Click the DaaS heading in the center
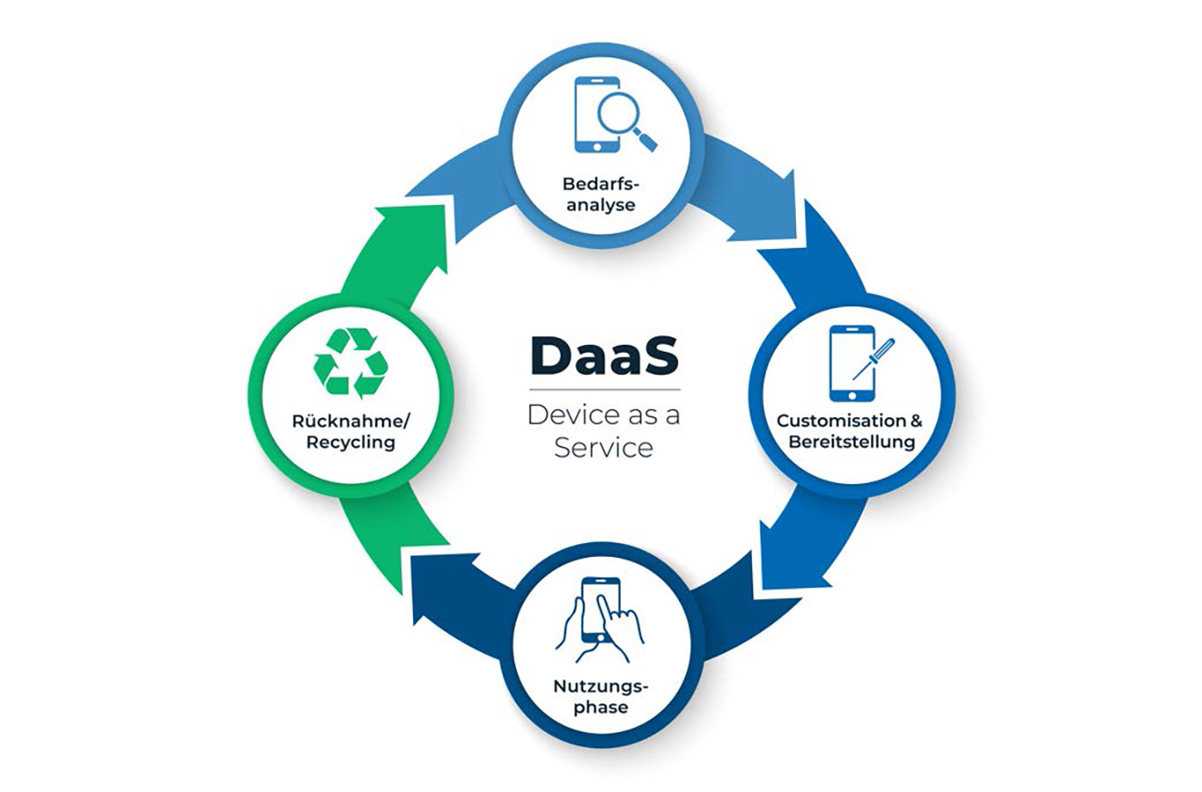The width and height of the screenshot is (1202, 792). (x=604, y=356)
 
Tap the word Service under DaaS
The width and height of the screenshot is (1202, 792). (x=604, y=448)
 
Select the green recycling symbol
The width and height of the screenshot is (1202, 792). (x=351, y=363)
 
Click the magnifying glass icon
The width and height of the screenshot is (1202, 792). (x=626, y=118)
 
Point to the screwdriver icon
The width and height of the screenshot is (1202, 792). (x=874, y=360)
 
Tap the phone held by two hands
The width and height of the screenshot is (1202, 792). (x=598, y=609)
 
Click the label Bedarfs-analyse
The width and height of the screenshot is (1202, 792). (x=601, y=194)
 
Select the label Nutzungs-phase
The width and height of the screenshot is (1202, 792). (x=601, y=697)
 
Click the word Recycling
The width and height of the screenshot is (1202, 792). (x=350, y=443)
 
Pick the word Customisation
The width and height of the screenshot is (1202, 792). (x=841, y=421)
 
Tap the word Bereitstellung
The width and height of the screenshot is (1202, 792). (x=852, y=443)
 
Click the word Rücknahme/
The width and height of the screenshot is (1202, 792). (x=351, y=421)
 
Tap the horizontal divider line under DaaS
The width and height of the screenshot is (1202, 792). (x=604, y=390)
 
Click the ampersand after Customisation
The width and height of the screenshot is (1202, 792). (x=916, y=421)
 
